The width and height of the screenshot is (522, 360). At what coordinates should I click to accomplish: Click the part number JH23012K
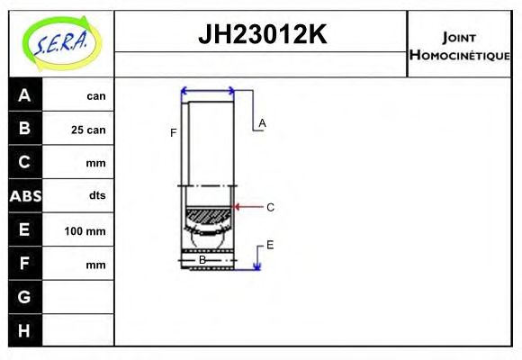(261, 35)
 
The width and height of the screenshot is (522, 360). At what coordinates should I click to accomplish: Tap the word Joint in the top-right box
(459, 36)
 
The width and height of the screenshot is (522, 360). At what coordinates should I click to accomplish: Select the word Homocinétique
(459, 55)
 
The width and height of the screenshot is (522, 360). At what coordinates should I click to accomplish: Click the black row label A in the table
(24, 95)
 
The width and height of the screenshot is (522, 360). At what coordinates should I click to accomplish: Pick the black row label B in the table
(24, 129)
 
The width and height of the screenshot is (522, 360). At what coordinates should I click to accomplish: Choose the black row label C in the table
(24, 163)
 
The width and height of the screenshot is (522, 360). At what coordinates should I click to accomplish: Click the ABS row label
(24, 196)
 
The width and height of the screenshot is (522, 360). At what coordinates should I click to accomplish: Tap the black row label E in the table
(24, 230)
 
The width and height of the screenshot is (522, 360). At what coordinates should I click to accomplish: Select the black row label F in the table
(24, 265)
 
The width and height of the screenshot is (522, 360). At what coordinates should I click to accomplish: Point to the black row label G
(24, 297)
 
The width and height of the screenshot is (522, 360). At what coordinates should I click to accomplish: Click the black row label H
(24, 330)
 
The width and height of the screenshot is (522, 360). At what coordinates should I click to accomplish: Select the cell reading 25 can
(88, 130)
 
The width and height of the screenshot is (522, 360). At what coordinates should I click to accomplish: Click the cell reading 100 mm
(85, 231)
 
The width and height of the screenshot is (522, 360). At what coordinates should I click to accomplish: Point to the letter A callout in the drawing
(262, 123)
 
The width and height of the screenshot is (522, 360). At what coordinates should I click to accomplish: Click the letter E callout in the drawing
(269, 245)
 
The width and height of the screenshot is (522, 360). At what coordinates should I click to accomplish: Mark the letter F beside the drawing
(174, 133)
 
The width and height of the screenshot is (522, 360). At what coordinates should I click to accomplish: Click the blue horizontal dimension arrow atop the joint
(208, 90)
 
